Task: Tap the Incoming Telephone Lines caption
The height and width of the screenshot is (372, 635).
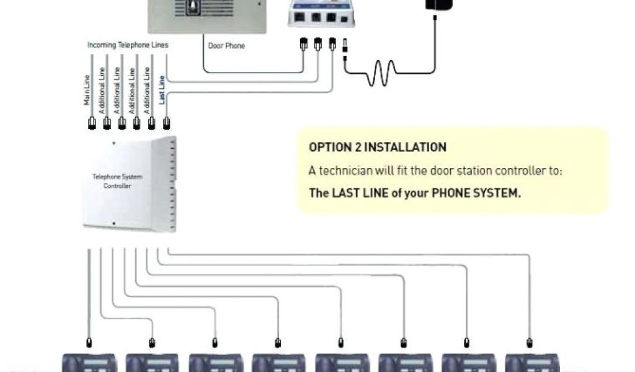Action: click(128, 45)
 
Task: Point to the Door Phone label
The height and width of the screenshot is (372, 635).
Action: click(226, 46)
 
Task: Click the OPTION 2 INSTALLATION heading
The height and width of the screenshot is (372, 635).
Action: click(377, 148)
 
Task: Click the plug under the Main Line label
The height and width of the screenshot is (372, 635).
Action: click(91, 122)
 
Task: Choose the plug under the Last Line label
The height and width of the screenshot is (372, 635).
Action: click(166, 122)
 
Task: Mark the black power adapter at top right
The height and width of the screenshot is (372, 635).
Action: click(438, 5)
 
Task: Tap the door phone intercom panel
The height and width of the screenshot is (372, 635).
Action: click(207, 15)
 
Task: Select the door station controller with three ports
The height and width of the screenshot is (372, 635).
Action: click(321, 12)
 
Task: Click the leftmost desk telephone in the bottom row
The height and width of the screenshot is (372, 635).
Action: click(89, 363)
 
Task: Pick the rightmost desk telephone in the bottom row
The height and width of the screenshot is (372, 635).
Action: click(532, 363)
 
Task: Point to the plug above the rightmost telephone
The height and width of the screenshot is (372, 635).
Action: click(530, 342)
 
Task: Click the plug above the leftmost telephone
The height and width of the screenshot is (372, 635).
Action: click(89, 342)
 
